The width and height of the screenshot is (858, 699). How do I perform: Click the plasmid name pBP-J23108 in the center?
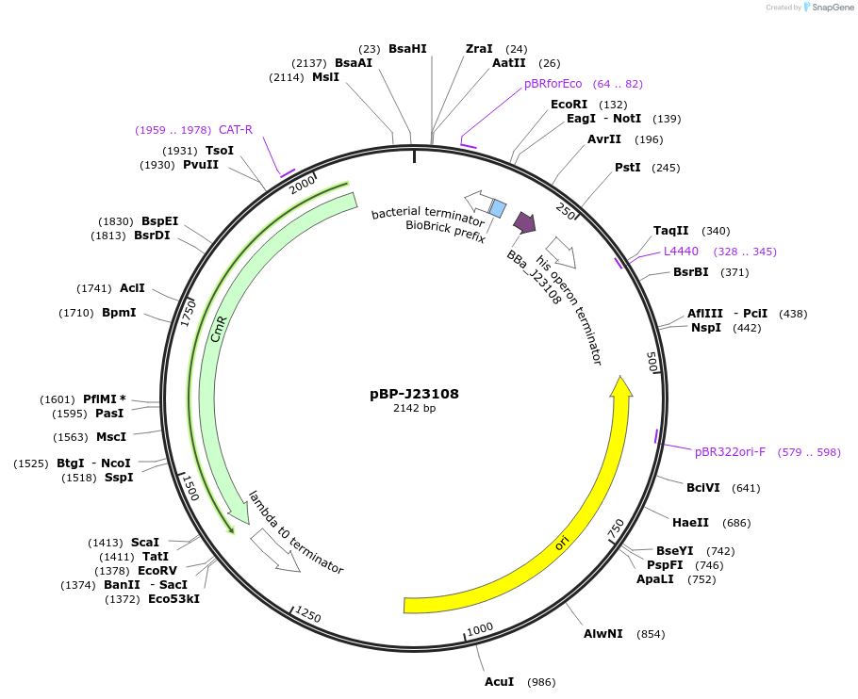pyautogui.click(x=414, y=394)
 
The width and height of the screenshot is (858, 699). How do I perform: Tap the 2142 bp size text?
pyautogui.click(x=414, y=409)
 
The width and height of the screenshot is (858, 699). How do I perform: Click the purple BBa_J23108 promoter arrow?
pyautogui.click(x=524, y=223)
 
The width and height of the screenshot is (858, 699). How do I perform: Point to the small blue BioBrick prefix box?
pyautogui.click(x=498, y=208)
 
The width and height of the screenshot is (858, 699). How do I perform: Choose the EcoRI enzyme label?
pyautogui.click(x=569, y=105)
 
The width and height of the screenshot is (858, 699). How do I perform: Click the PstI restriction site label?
pyautogui.click(x=627, y=168)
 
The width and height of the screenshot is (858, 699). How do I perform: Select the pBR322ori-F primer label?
pyautogui.click(x=730, y=452)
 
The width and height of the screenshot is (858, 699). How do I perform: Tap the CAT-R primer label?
pyautogui.click(x=236, y=130)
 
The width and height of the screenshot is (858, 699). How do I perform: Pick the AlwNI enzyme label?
pyautogui.click(x=602, y=634)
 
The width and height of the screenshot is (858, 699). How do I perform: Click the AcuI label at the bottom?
pyautogui.click(x=499, y=682)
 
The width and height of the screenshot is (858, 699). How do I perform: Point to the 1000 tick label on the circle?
pyautogui.click(x=480, y=628)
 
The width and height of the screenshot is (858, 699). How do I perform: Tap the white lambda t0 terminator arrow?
pyautogui.click(x=275, y=552)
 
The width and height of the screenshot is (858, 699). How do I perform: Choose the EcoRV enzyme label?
pyautogui.click(x=157, y=571)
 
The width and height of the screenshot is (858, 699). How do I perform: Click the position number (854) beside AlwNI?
pyautogui.click(x=651, y=634)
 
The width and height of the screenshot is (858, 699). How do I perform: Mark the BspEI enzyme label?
pyautogui.click(x=159, y=221)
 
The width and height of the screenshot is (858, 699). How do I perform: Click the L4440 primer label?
pyautogui.click(x=681, y=252)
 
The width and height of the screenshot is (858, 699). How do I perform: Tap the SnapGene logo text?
pyautogui.click(x=833, y=8)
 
